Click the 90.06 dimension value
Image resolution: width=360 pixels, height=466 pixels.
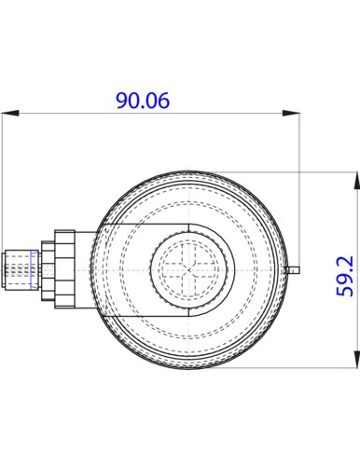coord(143,101)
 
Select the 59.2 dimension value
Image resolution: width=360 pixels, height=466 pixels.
coord(345,276)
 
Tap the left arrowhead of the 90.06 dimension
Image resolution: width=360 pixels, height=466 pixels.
coord(10,113)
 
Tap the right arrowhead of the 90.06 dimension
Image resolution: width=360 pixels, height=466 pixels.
coord(291,113)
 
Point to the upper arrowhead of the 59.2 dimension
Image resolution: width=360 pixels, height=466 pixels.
coord(357,180)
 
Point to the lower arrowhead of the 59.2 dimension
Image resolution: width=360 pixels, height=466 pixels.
coord(357,360)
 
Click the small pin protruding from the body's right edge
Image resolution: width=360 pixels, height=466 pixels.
coord(293,270)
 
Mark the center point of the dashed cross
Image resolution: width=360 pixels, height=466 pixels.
coord(189,270)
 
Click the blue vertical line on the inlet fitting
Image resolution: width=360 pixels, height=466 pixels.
coord(31,270)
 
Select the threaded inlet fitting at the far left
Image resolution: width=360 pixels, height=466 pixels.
coord(21,270)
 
